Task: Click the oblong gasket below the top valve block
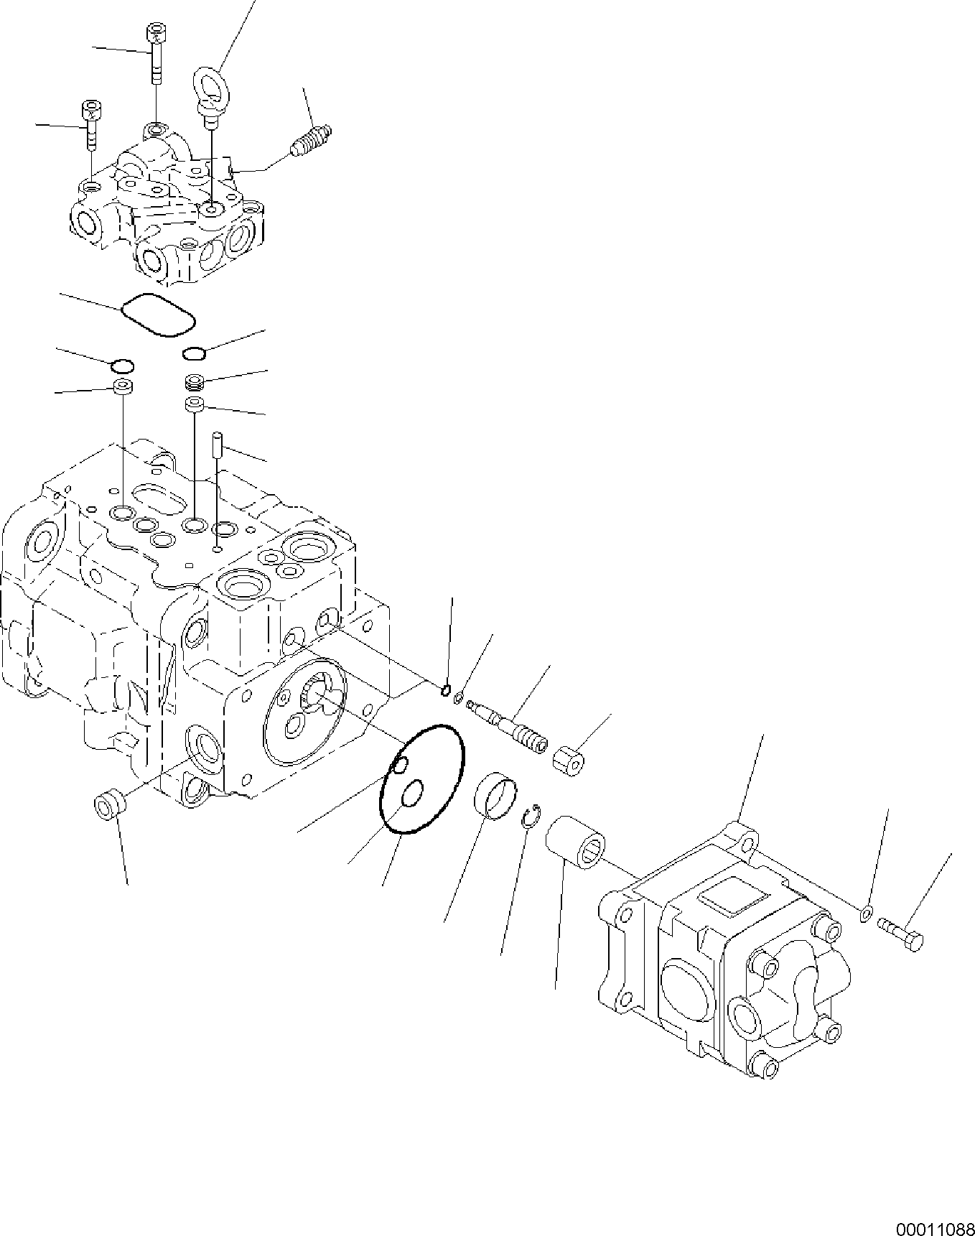pos(159,315)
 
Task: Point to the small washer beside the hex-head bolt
pos(867,914)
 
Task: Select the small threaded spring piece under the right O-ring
pos(195,381)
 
